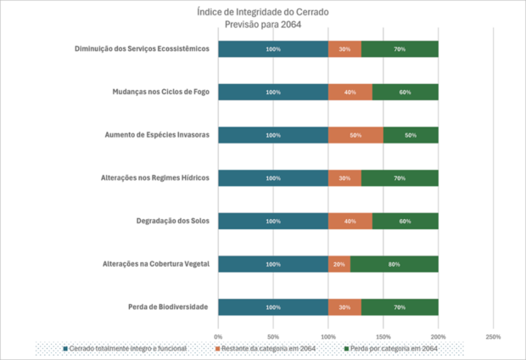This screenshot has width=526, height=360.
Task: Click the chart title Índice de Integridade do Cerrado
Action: [x=262, y=13]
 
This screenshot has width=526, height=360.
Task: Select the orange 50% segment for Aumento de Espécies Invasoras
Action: [x=355, y=135]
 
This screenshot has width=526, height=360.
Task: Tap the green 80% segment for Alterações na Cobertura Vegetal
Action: [x=394, y=264]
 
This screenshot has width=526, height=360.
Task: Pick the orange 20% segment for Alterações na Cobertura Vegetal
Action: [x=339, y=264]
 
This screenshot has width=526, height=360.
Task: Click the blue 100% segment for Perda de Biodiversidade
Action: [x=273, y=307]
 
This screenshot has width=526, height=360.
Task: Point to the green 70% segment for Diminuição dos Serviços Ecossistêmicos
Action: [x=400, y=49]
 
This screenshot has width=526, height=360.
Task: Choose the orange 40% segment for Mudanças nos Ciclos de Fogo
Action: [x=350, y=92]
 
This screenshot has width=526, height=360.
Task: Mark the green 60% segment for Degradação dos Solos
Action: [x=405, y=221]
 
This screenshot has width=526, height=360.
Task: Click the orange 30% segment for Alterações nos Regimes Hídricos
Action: [x=344, y=178]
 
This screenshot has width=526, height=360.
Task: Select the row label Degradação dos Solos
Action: [x=172, y=221]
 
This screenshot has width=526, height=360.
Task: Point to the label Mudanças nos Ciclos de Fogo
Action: [x=160, y=92]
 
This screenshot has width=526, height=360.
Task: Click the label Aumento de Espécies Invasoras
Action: [x=156, y=135]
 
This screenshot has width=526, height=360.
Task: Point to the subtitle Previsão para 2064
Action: [x=262, y=25]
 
